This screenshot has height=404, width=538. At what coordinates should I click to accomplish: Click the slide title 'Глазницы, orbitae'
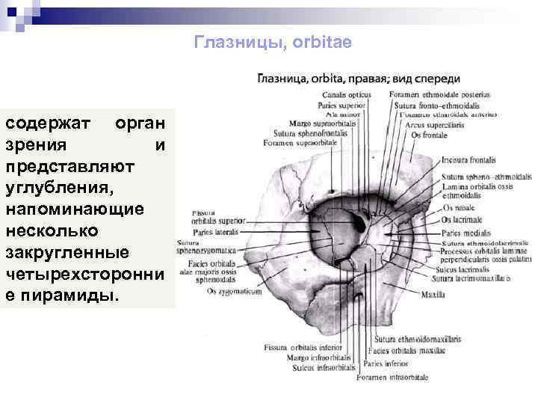(x=272, y=42)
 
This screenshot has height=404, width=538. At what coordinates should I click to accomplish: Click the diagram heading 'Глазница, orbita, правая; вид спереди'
(x=359, y=79)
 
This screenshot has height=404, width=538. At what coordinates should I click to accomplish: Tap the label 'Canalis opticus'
(x=347, y=96)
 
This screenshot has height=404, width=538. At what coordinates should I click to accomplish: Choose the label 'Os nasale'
(x=457, y=208)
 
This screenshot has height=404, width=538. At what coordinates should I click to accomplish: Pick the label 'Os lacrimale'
(x=461, y=220)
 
